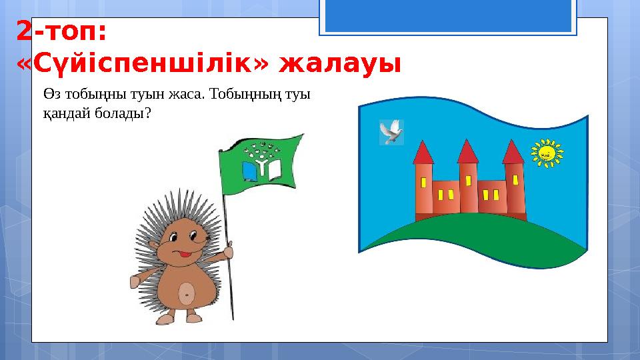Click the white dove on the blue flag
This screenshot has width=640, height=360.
pyautogui.click(x=391, y=132)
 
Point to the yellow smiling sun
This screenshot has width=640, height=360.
pyautogui.click(x=546, y=153)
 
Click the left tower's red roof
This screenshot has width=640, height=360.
pyautogui.click(x=423, y=153)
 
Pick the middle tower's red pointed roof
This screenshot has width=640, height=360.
pyautogui.click(x=469, y=152)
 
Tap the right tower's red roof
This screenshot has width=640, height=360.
pyautogui.click(x=513, y=152)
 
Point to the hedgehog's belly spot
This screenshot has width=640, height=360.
pyautogui.click(x=187, y=291)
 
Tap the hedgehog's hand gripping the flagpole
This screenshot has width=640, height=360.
pyautogui.click(x=229, y=251)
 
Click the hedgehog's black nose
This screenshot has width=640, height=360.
pyautogui.click(x=200, y=235)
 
